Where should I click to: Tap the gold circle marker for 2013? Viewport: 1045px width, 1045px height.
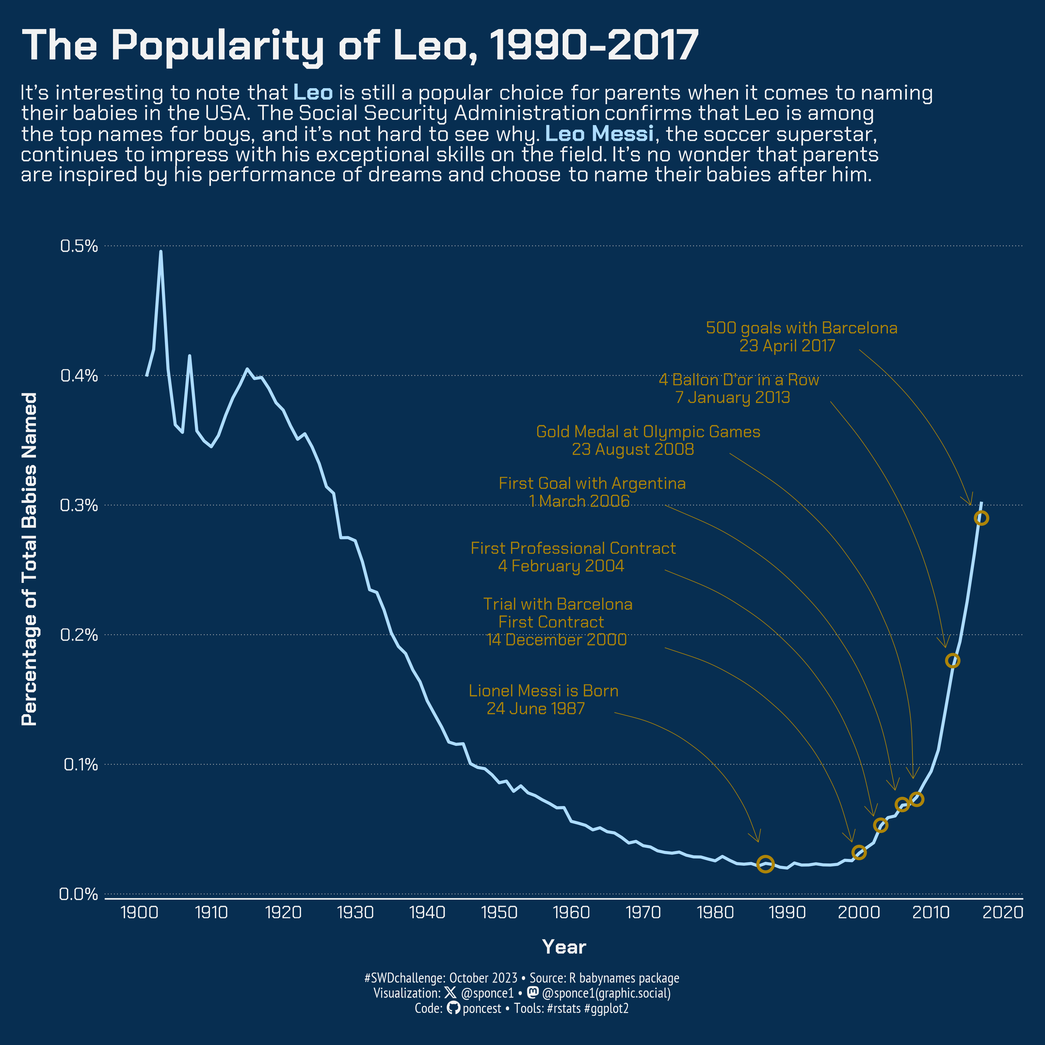point(953,660)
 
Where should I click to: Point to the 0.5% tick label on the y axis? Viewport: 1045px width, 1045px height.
point(79,246)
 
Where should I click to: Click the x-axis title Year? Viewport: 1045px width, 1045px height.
point(564,947)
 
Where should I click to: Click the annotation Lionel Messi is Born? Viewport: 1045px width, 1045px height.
point(543,691)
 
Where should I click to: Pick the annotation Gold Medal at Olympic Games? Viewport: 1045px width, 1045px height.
point(648,432)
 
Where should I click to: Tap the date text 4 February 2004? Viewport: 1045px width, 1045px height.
point(561,566)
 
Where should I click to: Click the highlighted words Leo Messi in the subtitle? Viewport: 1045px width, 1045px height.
point(599,134)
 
